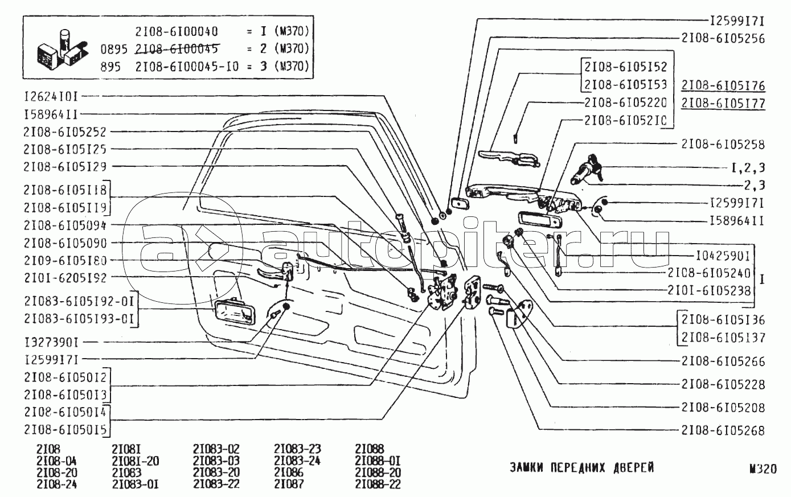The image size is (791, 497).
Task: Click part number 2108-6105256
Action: point(723,39)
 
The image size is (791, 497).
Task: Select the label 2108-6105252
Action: point(65,132)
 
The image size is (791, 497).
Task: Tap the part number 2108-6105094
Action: point(65,225)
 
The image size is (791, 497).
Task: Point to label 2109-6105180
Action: point(65,260)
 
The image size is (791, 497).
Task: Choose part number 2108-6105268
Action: point(723,430)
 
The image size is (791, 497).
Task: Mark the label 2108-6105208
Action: point(723,408)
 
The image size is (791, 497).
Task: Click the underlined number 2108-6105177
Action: point(723,104)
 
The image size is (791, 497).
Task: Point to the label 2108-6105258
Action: point(723,145)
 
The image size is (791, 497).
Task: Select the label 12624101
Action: point(51,97)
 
